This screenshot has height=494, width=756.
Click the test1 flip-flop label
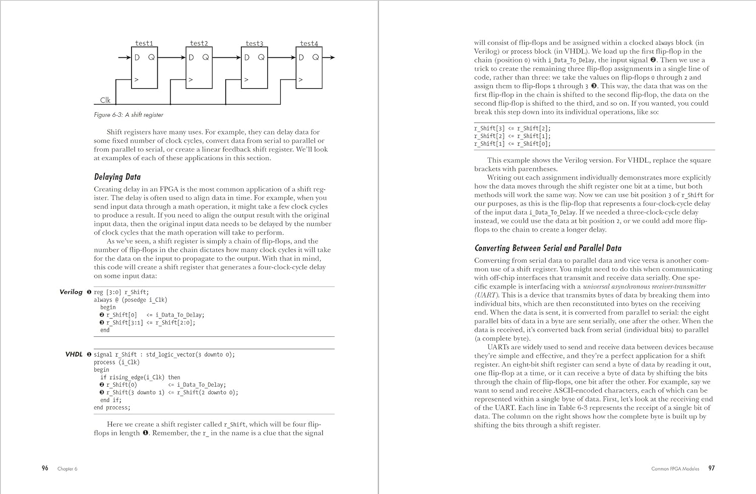(144, 44)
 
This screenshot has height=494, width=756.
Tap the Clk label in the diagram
(105, 100)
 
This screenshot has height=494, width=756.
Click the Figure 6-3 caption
(129, 115)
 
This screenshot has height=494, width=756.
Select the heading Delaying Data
(117, 177)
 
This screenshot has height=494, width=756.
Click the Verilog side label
(71, 292)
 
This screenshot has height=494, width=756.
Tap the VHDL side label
(74, 354)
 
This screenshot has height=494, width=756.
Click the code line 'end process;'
(112, 407)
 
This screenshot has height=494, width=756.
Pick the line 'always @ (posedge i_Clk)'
(130, 300)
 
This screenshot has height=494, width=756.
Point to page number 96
(45, 468)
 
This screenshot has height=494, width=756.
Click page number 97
(711, 468)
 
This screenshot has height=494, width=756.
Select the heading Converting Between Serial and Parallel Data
(548, 248)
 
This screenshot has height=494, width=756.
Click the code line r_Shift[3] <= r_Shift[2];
(512, 128)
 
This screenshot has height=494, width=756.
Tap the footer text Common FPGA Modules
(675, 469)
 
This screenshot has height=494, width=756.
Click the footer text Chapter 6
(67, 469)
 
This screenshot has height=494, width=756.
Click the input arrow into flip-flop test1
(124, 57)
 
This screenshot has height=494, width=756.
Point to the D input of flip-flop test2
(191, 57)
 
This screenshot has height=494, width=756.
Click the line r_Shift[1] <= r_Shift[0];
(512, 144)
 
